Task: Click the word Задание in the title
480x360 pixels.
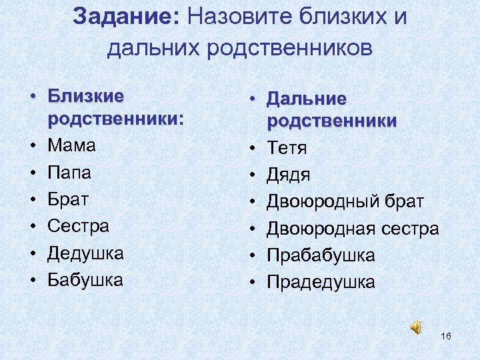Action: pyautogui.click(x=123, y=17)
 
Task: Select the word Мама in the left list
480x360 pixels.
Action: pyautogui.click(x=72, y=145)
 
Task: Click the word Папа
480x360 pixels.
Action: pyautogui.click(x=69, y=173)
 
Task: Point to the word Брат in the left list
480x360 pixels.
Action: pyautogui.click(x=69, y=199)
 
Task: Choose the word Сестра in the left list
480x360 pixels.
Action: pyautogui.click(x=79, y=226)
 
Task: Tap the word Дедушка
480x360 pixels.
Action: pyautogui.click(x=86, y=253)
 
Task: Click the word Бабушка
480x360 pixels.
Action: pyautogui.click(x=85, y=280)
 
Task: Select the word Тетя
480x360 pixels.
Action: pyautogui.click(x=287, y=147)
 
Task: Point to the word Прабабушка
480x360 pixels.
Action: pyautogui.click(x=321, y=255)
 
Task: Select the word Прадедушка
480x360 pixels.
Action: pyautogui.click(x=321, y=282)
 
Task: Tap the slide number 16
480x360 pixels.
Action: pyautogui.click(x=446, y=336)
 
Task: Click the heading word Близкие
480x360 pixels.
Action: pyautogui.click(x=86, y=96)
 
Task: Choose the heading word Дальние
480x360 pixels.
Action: pyautogui.click(x=307, y=99)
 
